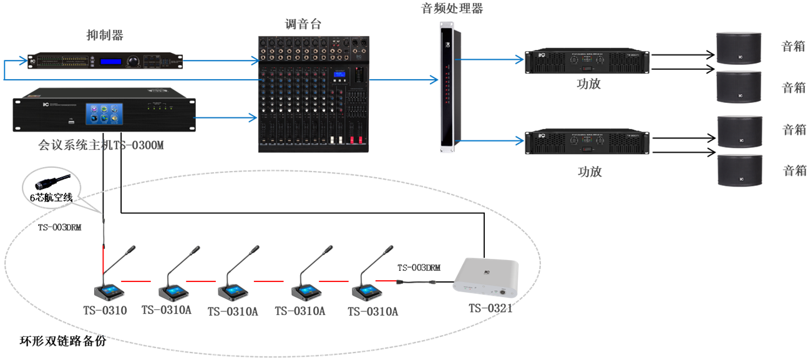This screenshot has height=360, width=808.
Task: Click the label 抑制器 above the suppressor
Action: [x=104, y=35]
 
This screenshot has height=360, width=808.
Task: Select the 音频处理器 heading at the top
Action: [x=452, y=9]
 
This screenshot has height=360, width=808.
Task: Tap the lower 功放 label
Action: [x=590, y=171]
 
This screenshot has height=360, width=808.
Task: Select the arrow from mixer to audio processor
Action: [x=402, y=80]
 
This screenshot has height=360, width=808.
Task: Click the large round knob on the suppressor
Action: [x=133, y=61]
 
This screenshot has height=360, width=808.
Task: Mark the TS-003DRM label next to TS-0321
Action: [x=419, y=268]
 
